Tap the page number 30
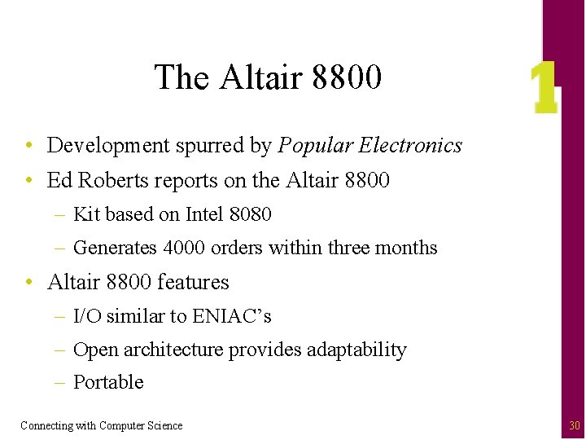pos(575,425)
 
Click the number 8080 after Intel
pos(250,214)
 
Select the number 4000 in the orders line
pos(188,248)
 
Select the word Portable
pos(108,382)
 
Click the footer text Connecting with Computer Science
pos(102,425)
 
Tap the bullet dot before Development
pos(28,146)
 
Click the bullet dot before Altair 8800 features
pos(28,282)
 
